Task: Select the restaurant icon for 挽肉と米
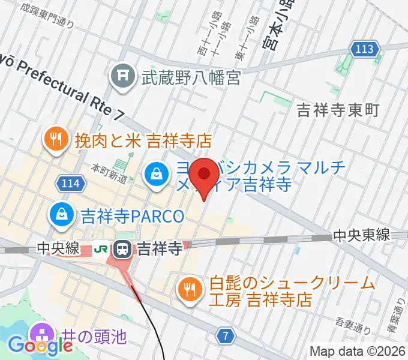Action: (56, 140)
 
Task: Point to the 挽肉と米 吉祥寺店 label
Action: (143, 141)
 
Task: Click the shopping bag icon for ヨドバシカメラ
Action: (155, 175)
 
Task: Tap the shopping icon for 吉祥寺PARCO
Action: (61, 213)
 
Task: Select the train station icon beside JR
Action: (122, 248)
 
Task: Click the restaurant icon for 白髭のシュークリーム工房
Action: (191, 289)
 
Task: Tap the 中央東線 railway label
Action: (362, 235)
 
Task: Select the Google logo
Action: (41, 346)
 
